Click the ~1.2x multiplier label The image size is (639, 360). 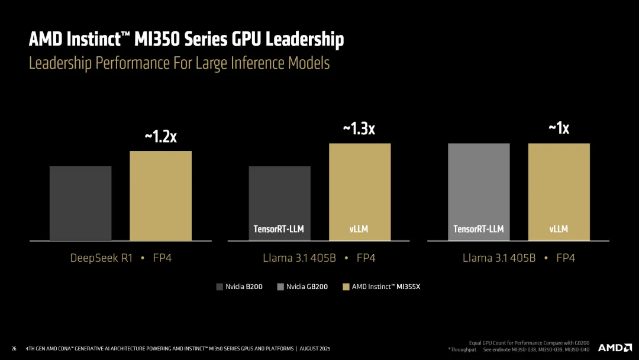pyautogui.click(x=160, y=137)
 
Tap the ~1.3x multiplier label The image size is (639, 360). pyautogui.click(x=359, y=128)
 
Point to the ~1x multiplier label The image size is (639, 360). pyautogui.click(x=559, y=128)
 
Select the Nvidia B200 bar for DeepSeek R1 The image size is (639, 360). pyautogui.click(x=80, y=203)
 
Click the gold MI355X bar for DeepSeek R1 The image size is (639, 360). pyautogui.click(x=160, y=195)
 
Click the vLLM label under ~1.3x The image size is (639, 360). pyautogui.click(x=359, y=229)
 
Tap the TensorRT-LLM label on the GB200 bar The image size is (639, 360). pyautogui.click(x=479, y=229)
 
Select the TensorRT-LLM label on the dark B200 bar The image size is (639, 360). pyautogui.click(x=279, y=229)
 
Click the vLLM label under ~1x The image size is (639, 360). pyautogui.click(x=559, y=229)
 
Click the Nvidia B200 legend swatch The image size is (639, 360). pyautogui.click(x=220, y=287)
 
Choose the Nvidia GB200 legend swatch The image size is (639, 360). pyautogui.click(x=280, y=287)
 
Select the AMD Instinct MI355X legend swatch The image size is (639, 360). pyautogui.click(x=346, y=287)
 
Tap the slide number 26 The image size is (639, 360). pyautogui.click(x=14, y=349)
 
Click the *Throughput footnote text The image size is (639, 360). pyautogui.click(x=461, y=349)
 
